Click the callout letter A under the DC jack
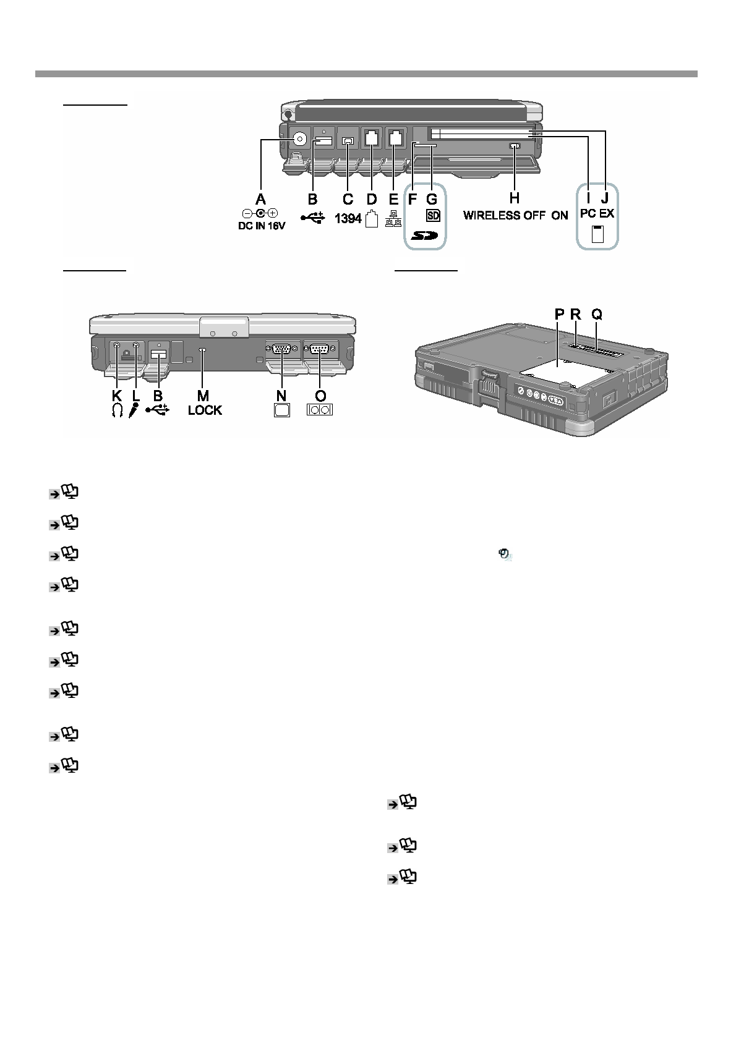click(260, 199)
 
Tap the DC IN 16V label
click(262, 226)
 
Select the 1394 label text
click(348, 218)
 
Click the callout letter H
click(514, 199)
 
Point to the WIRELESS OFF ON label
click(516, 216)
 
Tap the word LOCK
click(205, 410)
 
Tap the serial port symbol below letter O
click(319, 410)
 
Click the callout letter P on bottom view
click(559, 314)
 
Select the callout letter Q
click(597, 314)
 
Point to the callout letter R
click(576, 314)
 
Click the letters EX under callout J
click(606, 213)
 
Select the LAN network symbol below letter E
click(393, 219)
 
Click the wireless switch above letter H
click(515, 147)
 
